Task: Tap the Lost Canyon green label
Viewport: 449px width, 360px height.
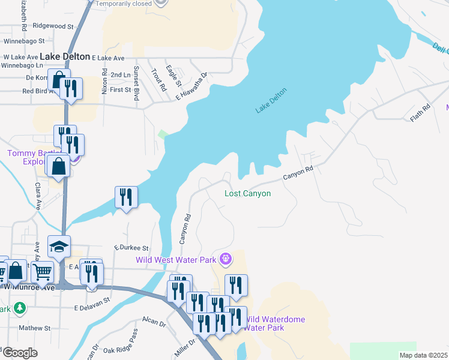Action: [247, 193]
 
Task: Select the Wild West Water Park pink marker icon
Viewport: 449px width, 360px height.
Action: [226, 259]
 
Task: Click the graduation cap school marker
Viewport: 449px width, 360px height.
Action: [59, 247]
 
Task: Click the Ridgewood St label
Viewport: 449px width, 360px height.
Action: [53, 26]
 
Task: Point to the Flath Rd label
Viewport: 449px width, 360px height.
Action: [421, 113]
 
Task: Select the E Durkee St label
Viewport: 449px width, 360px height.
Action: [131, 247]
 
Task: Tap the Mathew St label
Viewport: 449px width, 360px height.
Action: [35, 328]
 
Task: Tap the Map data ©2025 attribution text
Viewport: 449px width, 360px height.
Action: [423, 355]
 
